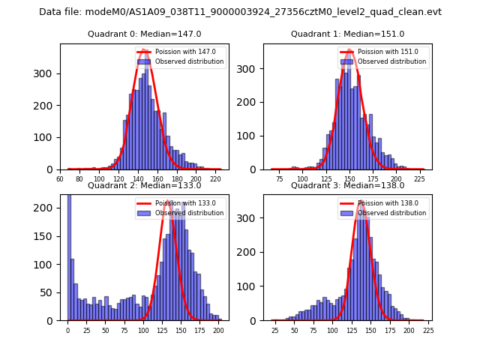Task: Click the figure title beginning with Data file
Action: pyautogui.click(x=240, y=12)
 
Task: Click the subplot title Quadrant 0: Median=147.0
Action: pyautogui.click(x=145, y=34)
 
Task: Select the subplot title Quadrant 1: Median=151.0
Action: pyautogui.click(x=347, y=34)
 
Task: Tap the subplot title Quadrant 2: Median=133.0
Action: pyautogui.click(x=145, y=185)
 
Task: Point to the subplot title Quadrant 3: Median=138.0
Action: pyautogui.click(x=347, y=185)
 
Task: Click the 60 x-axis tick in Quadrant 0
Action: pyautogui.click(x=60, y=179)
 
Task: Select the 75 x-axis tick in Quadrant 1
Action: pyautogui.click(x=279, y=179)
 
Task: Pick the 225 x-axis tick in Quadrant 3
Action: pyautogui.click(x=428, y=330)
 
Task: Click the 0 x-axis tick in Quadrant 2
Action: pyautogui.click(x=67, y=330)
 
